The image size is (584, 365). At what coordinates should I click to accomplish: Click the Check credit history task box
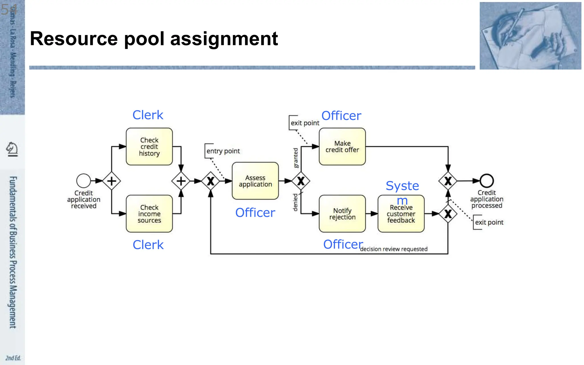coord(149,147)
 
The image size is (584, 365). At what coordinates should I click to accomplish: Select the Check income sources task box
coord(149,214)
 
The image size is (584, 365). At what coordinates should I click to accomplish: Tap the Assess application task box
coord(255,181)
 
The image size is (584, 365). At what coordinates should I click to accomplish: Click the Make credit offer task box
coord(342,147)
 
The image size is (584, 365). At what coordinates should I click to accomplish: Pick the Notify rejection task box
coord(342,214)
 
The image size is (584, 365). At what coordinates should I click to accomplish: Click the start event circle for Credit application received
coord(84,181)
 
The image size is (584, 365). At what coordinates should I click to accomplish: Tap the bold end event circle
coord(486,181)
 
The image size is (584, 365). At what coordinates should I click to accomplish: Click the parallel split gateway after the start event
coord(111,181)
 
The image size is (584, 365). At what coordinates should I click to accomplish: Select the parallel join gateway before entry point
coord(181,181)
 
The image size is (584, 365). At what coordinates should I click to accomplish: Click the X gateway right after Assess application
coord(301,181)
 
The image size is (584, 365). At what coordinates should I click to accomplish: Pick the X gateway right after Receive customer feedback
coord(448,214)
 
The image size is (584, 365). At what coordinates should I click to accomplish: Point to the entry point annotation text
coord(223,151)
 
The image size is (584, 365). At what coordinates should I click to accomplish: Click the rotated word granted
coord(296,158)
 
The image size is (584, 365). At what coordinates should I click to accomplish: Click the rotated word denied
coord(295,202)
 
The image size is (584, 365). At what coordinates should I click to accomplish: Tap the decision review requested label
coord(394,249)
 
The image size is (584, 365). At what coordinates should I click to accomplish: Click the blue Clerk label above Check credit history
coord(148,115)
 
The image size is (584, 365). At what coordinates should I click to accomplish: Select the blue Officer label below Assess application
coord(255,213)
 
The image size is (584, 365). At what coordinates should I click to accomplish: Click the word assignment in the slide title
coord(224,39)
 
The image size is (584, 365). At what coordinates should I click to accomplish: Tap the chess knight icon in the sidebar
coord(12,149)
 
